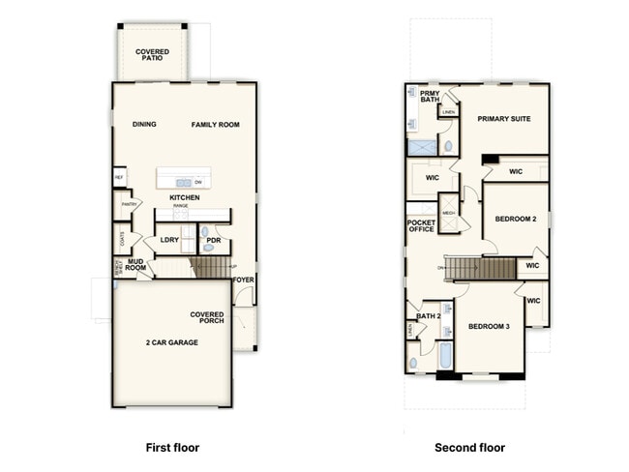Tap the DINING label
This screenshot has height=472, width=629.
pyautogui.click(x=144, y=125)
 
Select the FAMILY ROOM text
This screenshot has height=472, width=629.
pyautogui.click(x=215, y=125)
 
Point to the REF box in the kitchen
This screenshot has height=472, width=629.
pyautogui.click(x=119, y=178)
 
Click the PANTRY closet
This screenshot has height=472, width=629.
pyautogui.click(x=127, y=205)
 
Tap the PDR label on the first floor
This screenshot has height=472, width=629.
pyautogui.click(x=214, y=240)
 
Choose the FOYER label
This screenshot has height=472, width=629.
pyautogui.click(x=243, y=280)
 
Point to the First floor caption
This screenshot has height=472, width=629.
pyautogui.click(x=172, y=448)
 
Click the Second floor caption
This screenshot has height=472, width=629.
pyautogui.click(x=470, y=448)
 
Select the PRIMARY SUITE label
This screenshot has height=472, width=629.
pyautogui.click(x=504, y=118)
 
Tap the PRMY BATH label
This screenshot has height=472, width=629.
pyautogui.click(x=430, y=97)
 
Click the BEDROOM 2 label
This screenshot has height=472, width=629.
pyautogui.click(x=515, y=220)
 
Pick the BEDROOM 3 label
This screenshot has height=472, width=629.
pyautogui.click(x=489, y=327)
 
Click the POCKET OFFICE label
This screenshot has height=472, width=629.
pyautogui.click(x=421, y=227)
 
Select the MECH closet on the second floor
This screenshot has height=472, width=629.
pyautogui.click(x=449, y=213)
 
